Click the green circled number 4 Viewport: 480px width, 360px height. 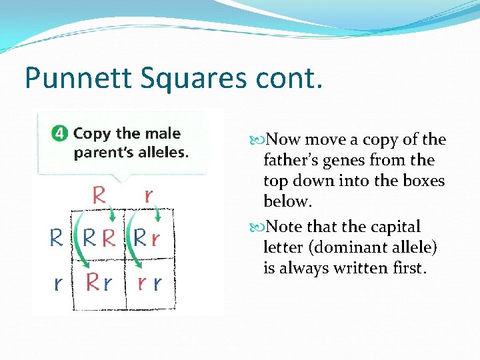click(x=60, y=133)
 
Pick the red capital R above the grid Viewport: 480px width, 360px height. click(x=99, y=195)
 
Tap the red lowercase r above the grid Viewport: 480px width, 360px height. click(x=148, y=195)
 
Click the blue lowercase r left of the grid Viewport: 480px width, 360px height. click(x=59, y=283)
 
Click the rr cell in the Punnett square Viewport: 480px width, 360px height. click(x=149, y=283)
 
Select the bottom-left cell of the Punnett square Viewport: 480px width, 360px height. click(x=99, y=283)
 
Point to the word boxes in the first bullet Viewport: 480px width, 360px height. click(x=421, y=181)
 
